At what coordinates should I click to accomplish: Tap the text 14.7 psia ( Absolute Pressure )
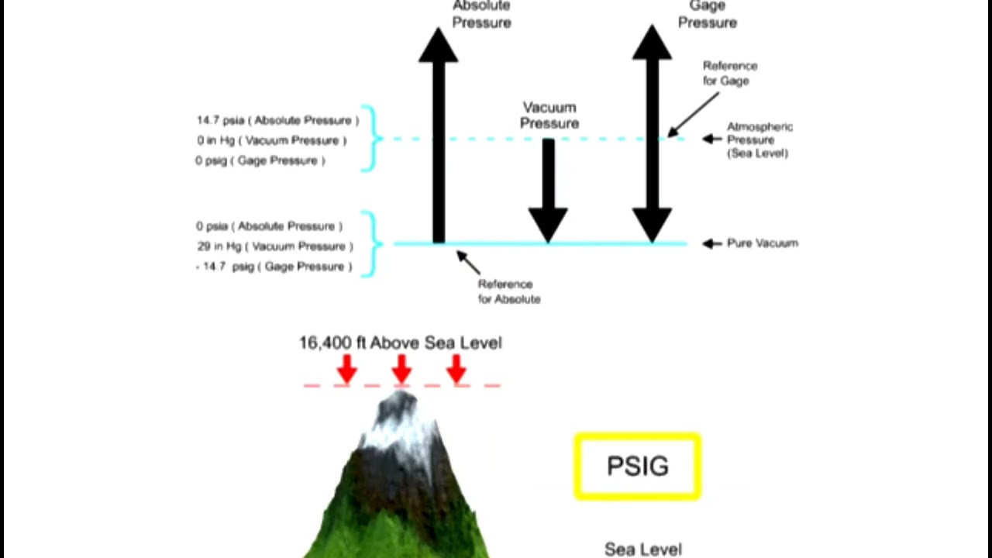[x=277, y=120]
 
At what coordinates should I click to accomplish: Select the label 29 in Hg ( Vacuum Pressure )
[x=275, y=246]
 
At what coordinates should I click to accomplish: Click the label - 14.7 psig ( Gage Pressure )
[x=274, y=267]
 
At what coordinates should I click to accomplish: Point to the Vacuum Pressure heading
[x=549, y=115]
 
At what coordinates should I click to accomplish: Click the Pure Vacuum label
[x=763, y=243]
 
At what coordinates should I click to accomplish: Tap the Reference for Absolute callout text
[x=509, y=291]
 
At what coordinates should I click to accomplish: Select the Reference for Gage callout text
[x=730, y=73]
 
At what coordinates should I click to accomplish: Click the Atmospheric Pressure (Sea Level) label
[x=760, y=140]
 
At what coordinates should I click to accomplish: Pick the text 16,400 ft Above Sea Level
[x=401, y=343]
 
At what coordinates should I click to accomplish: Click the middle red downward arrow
[x=401, y=369]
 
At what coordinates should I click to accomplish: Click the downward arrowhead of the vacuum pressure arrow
[x=548, y=225]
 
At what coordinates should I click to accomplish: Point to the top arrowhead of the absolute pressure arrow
[x=439, y=45]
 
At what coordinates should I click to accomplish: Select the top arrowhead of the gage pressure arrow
[x=652, y=43]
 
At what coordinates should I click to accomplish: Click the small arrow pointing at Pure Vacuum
[x=712, y=243]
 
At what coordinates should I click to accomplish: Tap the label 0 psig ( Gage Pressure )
[x=260, y=160]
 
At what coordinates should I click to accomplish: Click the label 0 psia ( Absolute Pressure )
[x=269, y=226]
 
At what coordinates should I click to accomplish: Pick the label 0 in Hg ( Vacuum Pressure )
[x=272, y=141]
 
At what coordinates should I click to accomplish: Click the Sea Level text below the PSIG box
[x=643, y=549]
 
